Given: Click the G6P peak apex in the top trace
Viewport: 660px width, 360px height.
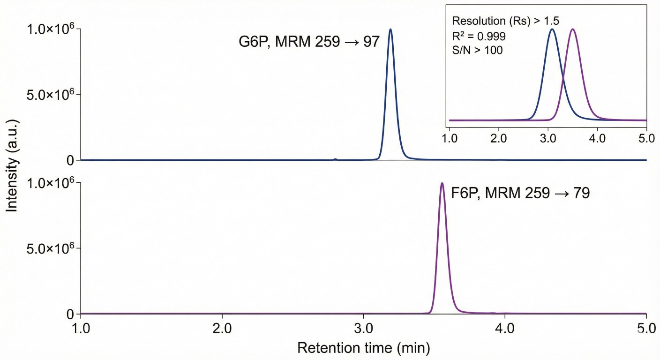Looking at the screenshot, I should [x=390, y=30].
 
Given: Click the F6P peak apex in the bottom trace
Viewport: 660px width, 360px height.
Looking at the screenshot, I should [x=442, y=183].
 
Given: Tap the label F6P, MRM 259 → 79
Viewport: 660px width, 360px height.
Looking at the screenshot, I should [x=520, y=193].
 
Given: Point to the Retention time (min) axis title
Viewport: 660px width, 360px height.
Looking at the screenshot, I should [x=363, y=348].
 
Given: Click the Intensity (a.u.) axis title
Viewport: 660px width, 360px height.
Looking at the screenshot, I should [x=12, y=171].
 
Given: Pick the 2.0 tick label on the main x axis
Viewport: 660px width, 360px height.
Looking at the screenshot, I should [x=222, y=326].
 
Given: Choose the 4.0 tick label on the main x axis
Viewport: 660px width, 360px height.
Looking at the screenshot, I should [x=505, y=326].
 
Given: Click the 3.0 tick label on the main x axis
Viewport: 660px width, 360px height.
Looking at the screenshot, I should [x=364, y=326].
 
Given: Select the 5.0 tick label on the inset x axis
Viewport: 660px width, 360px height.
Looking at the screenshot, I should [x=646, y=139].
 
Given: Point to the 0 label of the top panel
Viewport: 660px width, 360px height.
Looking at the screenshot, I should [x=70, y=160].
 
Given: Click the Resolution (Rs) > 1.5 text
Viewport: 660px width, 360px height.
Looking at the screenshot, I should [x=505, y=21].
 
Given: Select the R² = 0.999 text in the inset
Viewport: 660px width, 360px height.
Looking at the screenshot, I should [x=479, y=36].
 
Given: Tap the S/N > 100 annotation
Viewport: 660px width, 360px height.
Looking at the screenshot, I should [x=477, y=50].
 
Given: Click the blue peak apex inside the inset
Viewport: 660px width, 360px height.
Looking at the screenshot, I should [x=552, y=30].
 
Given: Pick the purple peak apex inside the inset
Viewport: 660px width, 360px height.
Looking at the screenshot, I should [x=573, y=30].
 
